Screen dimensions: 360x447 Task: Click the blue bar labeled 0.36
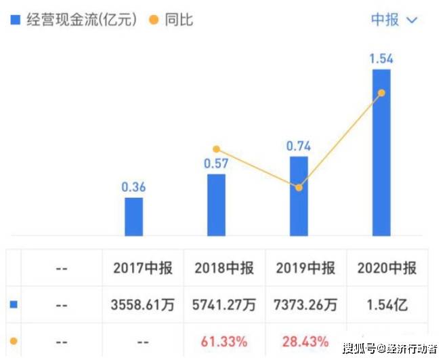coord(134,216)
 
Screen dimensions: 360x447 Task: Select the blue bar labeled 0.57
coord(216,205)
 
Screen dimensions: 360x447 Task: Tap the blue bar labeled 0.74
coord(299,196)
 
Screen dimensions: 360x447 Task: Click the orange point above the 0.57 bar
coord(216,149)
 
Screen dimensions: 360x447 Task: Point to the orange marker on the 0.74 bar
coord(299,187)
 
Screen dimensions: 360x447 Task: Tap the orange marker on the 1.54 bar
coord(381,93)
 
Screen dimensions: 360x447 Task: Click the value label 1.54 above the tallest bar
coord(381,59)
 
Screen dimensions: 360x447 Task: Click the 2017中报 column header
coord(143,268)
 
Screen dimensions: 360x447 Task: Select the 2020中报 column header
coord(387,268)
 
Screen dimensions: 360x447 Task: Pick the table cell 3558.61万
coord(143,305)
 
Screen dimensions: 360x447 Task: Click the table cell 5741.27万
coord(224,305)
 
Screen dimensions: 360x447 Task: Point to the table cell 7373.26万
coord(305,305)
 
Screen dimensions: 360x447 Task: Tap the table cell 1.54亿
coord(387,305)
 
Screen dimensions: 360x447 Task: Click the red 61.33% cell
coord(224,340)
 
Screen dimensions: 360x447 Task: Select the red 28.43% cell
coord(305,340)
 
